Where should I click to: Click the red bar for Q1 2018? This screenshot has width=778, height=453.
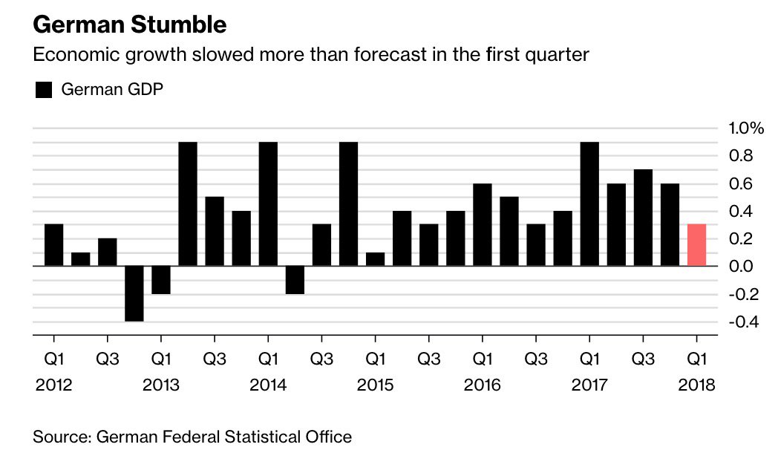[696, 245]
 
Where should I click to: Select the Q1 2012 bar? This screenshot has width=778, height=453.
[54, 245]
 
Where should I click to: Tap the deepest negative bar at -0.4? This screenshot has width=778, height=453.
[134, 294]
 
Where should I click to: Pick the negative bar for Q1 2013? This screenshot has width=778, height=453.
[161, 280]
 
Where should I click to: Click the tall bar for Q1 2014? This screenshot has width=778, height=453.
[269, 204]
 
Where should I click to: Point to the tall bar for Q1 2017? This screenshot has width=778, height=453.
[589, 204]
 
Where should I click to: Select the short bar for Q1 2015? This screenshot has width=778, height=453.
[376, 259]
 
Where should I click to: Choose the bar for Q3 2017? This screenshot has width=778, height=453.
[643, 218]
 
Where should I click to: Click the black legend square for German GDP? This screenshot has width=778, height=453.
[44, 90]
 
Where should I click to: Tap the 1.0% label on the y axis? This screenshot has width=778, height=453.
[746, 128]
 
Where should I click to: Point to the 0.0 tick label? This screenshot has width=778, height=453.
[741, 267]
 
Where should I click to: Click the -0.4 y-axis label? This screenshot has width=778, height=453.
[744, 322]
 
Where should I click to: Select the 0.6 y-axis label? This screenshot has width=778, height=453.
[741, 183]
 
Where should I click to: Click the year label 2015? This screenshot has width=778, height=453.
[375, 385]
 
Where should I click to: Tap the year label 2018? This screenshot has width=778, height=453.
[696, 385]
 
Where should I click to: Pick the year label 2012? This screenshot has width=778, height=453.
[53, 385]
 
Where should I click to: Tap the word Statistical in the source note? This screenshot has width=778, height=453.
[261, 437]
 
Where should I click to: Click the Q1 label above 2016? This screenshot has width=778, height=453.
[483, 359]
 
